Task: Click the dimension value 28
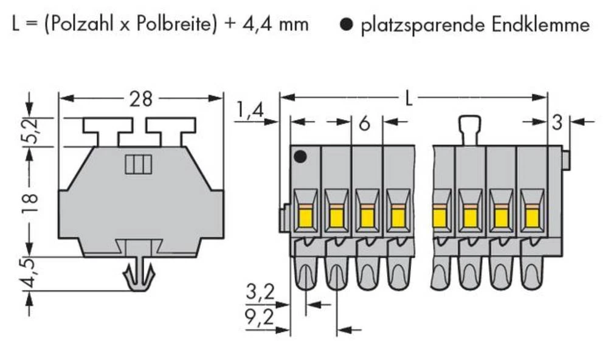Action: coord(141,99)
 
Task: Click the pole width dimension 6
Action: coord(364,123)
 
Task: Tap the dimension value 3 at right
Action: coord(556,122)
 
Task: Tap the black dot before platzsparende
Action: coord(347,26)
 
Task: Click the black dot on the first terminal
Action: coord(299,157)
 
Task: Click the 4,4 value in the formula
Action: coord(257,24)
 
